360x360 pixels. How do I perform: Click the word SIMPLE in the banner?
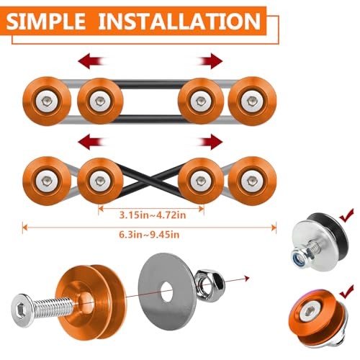click(x=45, y=21)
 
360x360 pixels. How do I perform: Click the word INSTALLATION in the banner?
click(x=179, y=21)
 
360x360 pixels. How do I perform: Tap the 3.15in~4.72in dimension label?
click(x=153, y=215)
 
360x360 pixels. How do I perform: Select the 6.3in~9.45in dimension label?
click(x=149, y=234)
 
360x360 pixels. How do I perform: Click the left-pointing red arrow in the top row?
click(x=91, y=61)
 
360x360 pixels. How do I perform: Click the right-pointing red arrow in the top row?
click(x=210, y=61)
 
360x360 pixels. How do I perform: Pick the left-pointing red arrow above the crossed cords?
click(x=91, y=142)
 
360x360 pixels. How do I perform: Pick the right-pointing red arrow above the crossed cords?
click(x=210, y=142)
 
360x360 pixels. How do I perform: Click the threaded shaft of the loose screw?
click(x=53, y=306)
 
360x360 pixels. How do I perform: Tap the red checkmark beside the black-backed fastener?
click(x=346, y=215)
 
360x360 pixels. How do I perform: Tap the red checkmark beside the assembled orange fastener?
click(x=346, y=292)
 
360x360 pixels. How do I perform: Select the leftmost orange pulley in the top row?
click(x=47, y=101)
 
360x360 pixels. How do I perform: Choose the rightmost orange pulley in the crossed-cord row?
click(x=252, y=181)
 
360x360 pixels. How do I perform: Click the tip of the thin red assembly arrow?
click(x=250, y=278)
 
